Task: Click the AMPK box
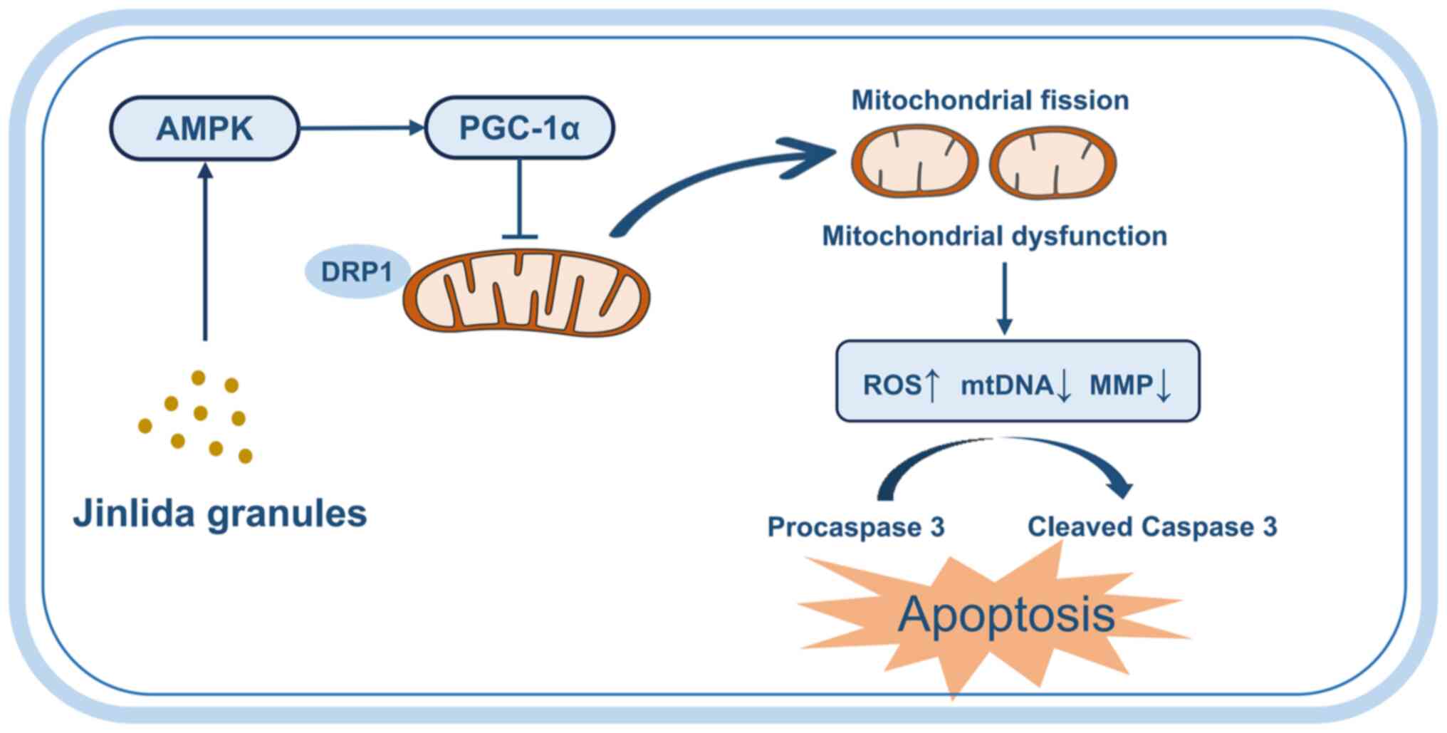(204, 128)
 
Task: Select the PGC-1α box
(520, 128)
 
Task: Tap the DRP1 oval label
(357, 271)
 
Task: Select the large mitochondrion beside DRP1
(526, 292)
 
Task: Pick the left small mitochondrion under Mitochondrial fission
(914, 162)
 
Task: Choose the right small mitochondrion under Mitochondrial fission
(1052, 163)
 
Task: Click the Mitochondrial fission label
(990, 100)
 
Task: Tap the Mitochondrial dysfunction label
(994, 236)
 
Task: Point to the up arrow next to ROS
(931, 385)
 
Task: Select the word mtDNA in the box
(1006, 385)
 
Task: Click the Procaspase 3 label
(855, 527)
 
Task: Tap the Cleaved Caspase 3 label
(1151, 527)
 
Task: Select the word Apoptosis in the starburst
(1005, 614)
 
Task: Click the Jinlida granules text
(220, 514)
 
